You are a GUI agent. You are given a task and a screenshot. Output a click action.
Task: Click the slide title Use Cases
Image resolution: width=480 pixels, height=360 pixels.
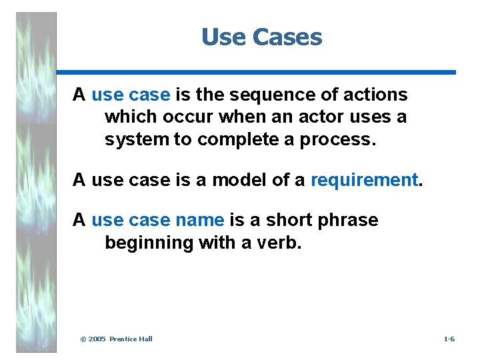(x=261, y=37)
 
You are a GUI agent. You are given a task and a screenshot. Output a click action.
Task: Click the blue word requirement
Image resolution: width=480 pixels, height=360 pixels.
(x=364, y=180)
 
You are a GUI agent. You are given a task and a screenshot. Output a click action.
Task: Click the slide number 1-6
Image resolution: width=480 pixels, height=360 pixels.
(x=449, y=339)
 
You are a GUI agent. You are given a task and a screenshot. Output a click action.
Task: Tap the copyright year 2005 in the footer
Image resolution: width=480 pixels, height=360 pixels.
(x=97, y=339)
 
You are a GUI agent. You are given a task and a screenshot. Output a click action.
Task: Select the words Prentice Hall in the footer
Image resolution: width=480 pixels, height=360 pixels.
(x=131, y=339)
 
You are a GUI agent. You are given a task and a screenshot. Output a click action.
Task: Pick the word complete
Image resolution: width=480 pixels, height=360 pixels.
(x=238, y=140)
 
